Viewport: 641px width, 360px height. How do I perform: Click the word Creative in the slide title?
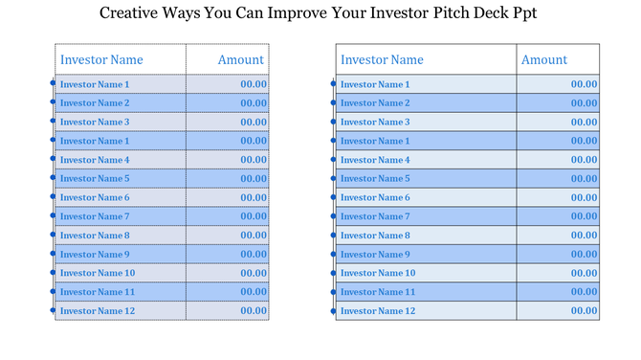[132, 15]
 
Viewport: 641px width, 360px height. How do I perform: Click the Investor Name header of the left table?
[101, 59]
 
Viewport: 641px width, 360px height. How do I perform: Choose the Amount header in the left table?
[240, 59]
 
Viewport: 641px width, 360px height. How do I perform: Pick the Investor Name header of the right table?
[382, 59]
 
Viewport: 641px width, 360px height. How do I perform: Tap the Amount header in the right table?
[544, 59]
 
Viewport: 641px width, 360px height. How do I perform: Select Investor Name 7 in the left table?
[95, 216]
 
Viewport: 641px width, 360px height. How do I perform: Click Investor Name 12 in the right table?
[378, 311]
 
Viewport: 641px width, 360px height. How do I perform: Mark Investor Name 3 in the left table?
[95, 122]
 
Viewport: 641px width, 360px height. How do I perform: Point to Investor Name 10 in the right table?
[378, 273]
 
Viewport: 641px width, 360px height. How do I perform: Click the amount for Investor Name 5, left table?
[254, 178]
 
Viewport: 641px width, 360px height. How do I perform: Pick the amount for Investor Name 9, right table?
[585, 254]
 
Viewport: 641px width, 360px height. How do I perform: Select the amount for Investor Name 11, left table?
[254, 292]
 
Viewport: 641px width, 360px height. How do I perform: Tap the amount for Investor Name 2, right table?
[585, 102]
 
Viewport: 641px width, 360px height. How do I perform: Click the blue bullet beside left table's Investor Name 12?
[54, 311]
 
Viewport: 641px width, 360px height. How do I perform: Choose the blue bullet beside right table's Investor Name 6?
[334, 197]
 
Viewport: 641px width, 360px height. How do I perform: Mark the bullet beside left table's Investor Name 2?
[54, 102]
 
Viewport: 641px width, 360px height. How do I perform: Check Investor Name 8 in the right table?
[375, 236]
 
